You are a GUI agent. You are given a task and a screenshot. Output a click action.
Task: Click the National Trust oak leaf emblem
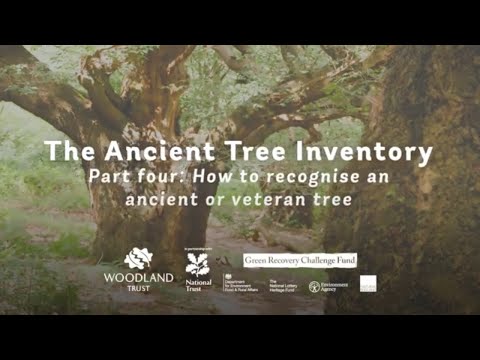tap(198, 264)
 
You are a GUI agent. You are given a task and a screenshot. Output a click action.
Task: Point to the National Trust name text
tap(198, 285)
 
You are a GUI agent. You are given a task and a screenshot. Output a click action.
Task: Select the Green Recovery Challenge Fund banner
tap(300, 260)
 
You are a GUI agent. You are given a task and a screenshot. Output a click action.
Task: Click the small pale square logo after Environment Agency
tap(368, 284)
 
